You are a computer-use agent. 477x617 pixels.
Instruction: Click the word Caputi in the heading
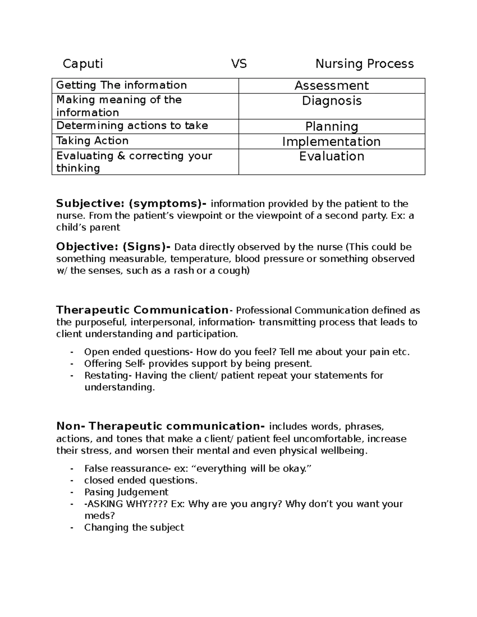[83, 64]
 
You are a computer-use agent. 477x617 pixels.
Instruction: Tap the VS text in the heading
[239, 64]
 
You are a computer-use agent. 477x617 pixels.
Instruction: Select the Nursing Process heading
[365, 64]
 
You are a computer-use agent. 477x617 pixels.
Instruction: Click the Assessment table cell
[332, 85]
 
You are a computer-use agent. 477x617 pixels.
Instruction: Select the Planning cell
[332, 126]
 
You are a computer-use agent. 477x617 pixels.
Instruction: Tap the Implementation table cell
[332, 141]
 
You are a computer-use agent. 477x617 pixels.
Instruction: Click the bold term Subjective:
[90, 204]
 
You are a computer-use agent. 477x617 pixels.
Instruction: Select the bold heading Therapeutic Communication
[142, 310]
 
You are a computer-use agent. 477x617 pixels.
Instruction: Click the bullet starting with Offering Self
[198, 364]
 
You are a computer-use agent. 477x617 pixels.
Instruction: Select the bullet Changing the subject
[134, 527]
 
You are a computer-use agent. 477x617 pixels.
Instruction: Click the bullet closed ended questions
[141, 480]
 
